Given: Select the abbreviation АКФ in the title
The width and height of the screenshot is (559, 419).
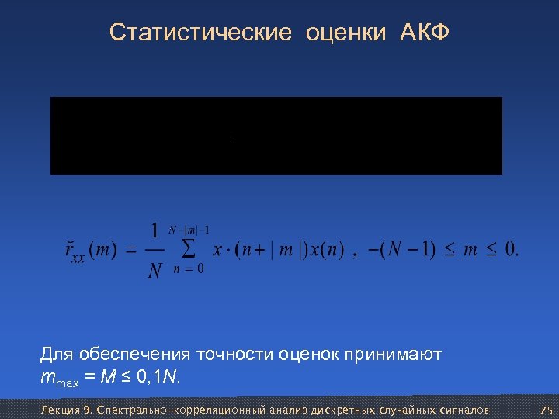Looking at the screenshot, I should (x=425, y=33).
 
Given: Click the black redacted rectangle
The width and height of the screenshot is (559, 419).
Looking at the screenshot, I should (x=276, y=135).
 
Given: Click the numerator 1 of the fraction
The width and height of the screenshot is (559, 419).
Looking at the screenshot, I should (x=155, y=230).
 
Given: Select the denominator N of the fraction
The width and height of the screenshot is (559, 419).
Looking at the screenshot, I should (x=155, y=271).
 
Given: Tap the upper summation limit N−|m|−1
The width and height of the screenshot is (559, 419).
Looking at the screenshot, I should (x=189, y=230).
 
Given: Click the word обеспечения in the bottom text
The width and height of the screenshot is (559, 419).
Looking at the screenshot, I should (x=132, y=355).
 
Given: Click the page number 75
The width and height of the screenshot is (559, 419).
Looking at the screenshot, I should (x=545, y=410).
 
